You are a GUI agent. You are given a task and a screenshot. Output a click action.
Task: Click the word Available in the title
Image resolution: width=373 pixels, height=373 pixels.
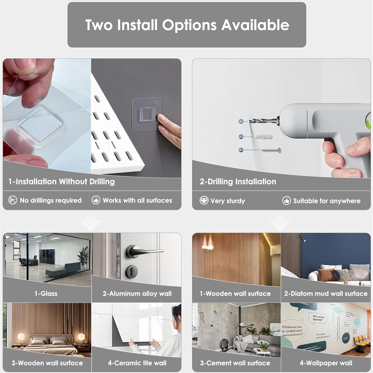255,25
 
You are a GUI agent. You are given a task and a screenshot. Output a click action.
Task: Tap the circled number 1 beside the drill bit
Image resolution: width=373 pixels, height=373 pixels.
241,121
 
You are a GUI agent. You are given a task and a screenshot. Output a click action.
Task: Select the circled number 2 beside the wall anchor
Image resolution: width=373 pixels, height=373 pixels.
241,137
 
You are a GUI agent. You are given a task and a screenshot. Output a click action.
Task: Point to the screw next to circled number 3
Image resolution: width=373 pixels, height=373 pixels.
271,150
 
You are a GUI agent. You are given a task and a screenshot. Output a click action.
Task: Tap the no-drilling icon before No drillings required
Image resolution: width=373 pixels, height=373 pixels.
13,200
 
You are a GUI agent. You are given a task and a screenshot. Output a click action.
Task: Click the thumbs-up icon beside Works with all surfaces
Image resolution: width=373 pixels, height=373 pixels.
96,200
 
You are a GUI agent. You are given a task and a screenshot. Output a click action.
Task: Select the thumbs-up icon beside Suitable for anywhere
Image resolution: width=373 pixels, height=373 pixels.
286,201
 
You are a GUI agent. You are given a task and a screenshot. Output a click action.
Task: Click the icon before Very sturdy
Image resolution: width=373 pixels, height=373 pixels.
204,200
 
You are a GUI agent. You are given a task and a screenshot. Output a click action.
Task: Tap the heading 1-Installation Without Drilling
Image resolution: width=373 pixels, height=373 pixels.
61,182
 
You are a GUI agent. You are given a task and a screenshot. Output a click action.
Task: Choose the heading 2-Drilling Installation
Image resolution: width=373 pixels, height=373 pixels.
238,182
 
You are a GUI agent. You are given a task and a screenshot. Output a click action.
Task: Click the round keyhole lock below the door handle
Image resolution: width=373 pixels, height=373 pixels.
132,270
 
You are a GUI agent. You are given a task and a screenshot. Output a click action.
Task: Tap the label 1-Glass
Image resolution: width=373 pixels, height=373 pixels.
46,293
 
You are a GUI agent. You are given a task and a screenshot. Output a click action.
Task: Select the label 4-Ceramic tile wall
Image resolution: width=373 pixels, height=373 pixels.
137,363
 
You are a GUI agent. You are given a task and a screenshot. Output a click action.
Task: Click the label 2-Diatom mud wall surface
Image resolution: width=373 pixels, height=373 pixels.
326,293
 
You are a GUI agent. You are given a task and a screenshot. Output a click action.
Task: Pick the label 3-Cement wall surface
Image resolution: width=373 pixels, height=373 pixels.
235,363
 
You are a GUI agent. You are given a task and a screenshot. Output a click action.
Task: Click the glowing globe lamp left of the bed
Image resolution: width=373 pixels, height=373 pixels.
21,336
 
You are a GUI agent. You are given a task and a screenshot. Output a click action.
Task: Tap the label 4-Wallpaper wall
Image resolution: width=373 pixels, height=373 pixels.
326,363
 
